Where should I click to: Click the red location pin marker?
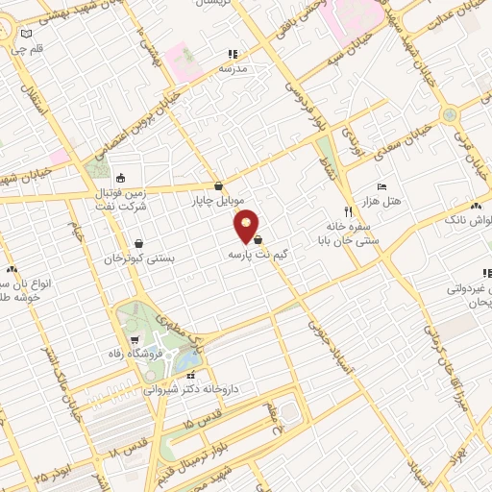point(248,226)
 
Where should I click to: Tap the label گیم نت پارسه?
point(258,256)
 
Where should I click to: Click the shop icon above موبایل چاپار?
point(219,186)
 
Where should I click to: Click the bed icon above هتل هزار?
point(382,185)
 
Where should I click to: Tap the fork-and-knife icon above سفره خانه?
point(348,210)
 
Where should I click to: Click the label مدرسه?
point(233,68)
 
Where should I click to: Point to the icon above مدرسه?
point(232,54)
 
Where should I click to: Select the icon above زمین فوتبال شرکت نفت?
point(120,178)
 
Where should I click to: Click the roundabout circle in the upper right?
point(449,114)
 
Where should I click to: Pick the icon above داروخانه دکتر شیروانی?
point(193,375)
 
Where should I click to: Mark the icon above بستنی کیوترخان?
point(141,244)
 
